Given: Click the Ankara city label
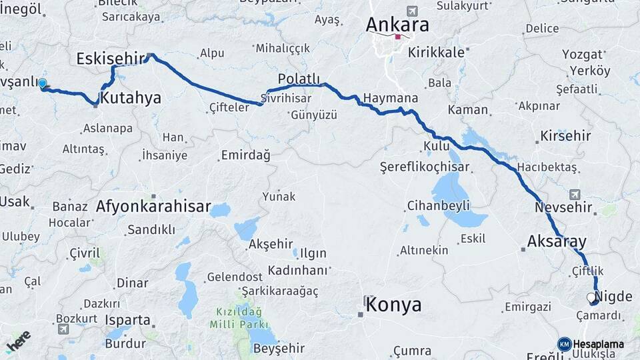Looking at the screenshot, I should click(397, 24).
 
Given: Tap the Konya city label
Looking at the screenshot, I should click(393, 305).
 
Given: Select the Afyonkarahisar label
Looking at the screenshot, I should click(153, 207).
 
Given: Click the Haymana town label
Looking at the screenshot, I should click(391, 98).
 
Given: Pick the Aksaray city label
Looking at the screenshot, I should click(557, 241).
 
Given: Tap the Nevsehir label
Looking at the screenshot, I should click(564, 207).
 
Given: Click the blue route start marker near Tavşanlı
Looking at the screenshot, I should click(43, 84).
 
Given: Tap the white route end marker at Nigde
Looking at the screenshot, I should click(591, 297).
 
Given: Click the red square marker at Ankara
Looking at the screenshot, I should click(398, 37).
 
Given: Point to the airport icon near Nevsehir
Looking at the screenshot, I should click(575, 195).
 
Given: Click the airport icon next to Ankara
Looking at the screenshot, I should click(412, 11).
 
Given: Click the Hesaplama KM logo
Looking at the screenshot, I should click(591, 344).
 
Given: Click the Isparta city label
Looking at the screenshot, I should click(127, 320).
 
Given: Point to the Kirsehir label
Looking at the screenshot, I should click(566, 136).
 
